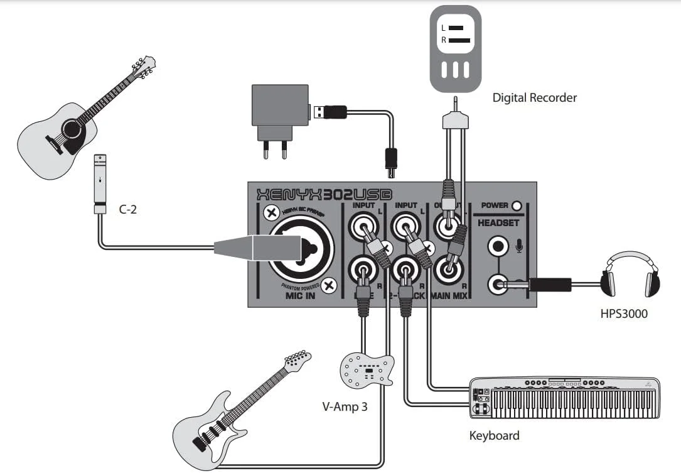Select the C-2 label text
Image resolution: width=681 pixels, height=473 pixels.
pyautogui.click(x=128, y=209)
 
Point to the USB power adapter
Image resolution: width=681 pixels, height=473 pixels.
pyautogui.click(x=279, y=114)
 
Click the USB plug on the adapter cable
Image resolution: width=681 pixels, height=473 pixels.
pyautogui.click(x=330, y=112)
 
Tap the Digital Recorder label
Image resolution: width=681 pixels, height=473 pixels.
pyautogui.click(x=534, y=97)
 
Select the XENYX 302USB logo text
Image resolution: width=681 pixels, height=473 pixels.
pyautogui.click(x=321, y=193)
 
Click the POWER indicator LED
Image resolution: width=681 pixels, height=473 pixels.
pyautogui.click(x=517, y=205)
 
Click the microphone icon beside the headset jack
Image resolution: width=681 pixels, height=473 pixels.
pyautogui.click(x=519, y=247)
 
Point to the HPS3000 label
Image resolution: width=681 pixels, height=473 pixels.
pyautogui.click(x=623, y=313)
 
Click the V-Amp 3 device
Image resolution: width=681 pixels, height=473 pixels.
pyautogui.click(x=367, y=370)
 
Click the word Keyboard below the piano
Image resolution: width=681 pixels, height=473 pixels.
pyautogui.click(x=494, y=435)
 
